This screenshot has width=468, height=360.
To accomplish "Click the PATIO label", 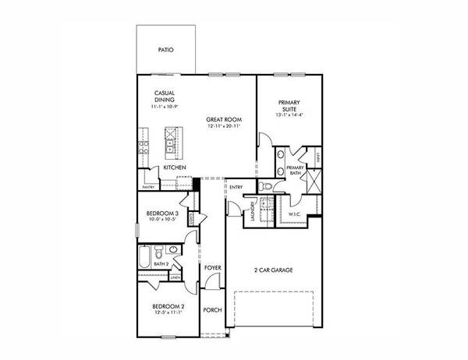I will pos(165,50).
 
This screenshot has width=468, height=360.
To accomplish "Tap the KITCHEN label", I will pos(174,168).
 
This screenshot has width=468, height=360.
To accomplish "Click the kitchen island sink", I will pos(170,143).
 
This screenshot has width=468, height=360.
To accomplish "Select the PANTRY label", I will pos(148,187).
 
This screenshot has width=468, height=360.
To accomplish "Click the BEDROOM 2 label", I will pos(168,306).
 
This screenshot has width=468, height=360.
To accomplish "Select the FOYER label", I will pos(212,268).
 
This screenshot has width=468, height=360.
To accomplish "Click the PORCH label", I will pos(212,309).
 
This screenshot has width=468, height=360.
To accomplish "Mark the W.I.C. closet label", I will pos(294,213).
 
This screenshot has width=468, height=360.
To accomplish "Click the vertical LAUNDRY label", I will pos(253,211).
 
